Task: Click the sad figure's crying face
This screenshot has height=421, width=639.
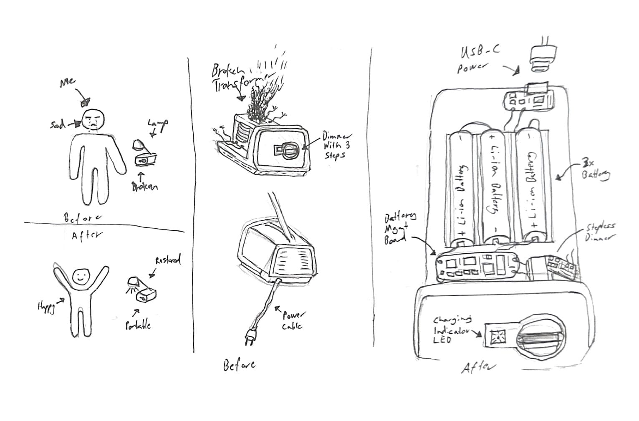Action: pyautogui.click(x=94, y=119)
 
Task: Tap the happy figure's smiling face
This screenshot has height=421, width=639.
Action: pyautogui.click(x=81, y=276)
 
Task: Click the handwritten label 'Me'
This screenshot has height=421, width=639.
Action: pyautogui.click(x=67, y=82)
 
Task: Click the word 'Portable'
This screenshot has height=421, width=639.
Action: pyautogui.click(x=138, y=325)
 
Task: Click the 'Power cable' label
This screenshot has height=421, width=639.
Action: pyautogui.click(x=293, y=320)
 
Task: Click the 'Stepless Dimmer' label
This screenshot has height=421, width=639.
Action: pyautogui.click(x=600, y=232)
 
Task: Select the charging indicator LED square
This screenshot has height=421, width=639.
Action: pyautogui.click(x=498, y=335)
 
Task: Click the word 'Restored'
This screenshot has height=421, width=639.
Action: pyautogui.click(x=168, y=260)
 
